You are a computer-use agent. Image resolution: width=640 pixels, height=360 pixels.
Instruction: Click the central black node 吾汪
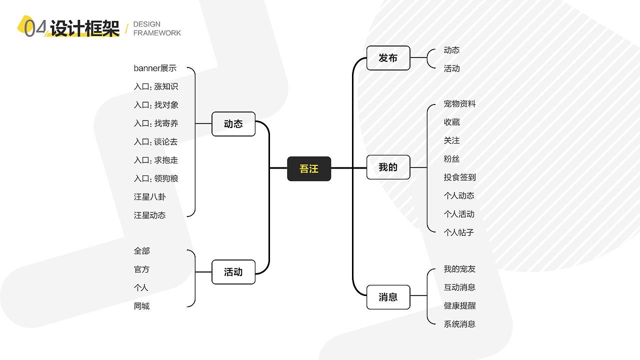coord(309,169)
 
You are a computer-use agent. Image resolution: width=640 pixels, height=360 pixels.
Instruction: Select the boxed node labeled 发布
coord(388,58)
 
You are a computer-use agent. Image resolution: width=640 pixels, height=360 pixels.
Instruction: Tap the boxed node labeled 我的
coord(388,167)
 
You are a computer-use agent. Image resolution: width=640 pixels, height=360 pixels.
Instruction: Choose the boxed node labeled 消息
coord(388,297)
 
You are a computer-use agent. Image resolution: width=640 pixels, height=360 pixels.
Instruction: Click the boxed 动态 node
coord(233,124)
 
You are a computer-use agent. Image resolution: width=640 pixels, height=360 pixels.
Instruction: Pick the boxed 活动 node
coord(233,272)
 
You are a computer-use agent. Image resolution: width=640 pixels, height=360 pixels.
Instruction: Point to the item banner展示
coord(155,68)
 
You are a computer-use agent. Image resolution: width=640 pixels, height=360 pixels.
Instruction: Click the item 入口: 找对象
coord(156,105)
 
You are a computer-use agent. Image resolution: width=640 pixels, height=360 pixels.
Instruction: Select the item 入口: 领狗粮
coord(156,178)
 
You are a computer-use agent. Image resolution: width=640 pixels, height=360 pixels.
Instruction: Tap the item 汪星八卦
coord(149,197)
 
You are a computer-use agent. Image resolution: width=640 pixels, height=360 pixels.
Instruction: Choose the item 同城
coord(141,306)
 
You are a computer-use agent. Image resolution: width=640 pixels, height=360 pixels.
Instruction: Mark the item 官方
coord(141,269)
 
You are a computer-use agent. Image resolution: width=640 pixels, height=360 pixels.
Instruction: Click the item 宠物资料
coord(459,104)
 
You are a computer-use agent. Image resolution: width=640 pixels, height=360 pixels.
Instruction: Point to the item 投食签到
coord(459,177)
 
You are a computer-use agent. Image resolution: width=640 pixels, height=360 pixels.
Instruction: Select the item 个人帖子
coord(458,232)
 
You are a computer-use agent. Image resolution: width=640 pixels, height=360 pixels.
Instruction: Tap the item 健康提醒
coord(459,306)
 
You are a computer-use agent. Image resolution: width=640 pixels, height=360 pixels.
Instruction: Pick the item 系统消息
coord(459,324)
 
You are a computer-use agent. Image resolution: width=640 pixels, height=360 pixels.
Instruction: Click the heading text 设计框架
coord(84,29)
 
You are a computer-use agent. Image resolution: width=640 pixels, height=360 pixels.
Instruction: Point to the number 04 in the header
coord(35,28)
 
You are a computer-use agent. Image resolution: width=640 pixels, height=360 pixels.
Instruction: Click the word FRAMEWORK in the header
coord(157,33)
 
